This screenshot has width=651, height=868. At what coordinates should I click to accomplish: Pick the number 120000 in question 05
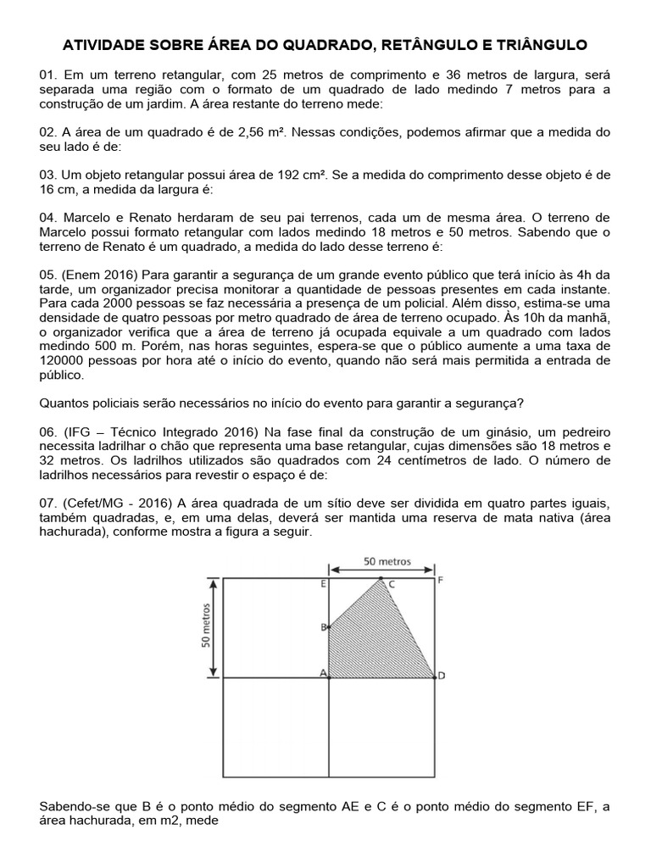point(68,359)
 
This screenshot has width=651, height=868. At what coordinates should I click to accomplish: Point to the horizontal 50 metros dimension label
point(387,561)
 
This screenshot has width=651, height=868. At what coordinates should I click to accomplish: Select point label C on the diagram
point(391,584)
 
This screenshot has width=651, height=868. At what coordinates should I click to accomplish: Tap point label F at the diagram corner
point(439,581)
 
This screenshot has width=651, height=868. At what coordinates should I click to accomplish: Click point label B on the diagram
point(323,627)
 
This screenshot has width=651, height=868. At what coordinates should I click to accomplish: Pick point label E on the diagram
point(324,584)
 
